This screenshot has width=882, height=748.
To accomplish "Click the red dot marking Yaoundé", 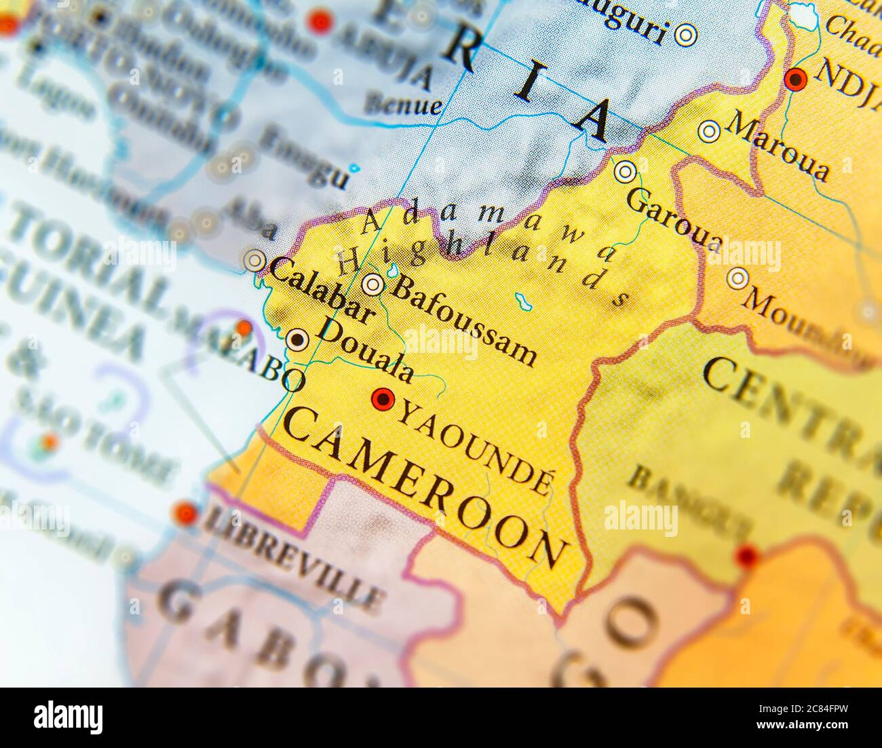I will [x=384, y=399].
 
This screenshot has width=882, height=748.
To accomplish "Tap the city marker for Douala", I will [x=296, y=339].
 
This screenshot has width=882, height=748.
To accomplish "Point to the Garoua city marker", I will [x=625, y=172].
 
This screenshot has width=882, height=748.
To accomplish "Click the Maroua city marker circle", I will [x=709, y=132].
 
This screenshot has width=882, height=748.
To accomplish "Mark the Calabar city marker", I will [x=255, y=260].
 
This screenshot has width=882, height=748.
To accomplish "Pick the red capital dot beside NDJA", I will [x=795, y=80].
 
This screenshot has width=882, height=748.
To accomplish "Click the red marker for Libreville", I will [x=185, y=514].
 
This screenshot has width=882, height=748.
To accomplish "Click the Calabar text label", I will [x=322, y=291].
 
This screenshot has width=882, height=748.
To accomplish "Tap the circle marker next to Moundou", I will [x=737, y=278].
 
